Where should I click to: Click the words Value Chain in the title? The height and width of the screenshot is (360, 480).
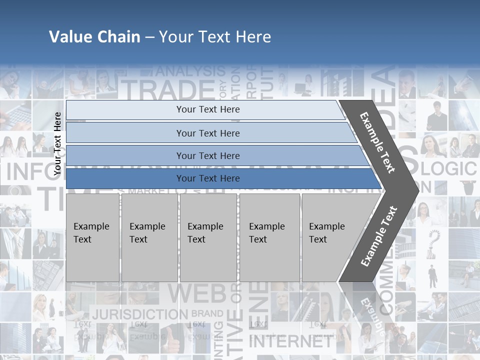click(94, 37)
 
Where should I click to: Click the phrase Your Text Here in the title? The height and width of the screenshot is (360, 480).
click(215, 37)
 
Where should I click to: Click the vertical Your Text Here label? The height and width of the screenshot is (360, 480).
click(57, 143)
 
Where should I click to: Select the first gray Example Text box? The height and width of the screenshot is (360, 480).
click(92, 237)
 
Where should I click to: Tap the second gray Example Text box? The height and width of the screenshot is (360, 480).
click(149, 237)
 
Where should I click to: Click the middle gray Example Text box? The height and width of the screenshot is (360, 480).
click(208, 237)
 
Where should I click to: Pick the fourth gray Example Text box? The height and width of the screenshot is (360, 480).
click(269, 237)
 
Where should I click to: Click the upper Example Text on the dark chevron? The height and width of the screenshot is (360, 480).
click(377, 142)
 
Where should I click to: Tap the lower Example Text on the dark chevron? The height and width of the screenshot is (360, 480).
click(379, 236)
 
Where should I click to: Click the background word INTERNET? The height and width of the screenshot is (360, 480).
click(290, 341)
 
